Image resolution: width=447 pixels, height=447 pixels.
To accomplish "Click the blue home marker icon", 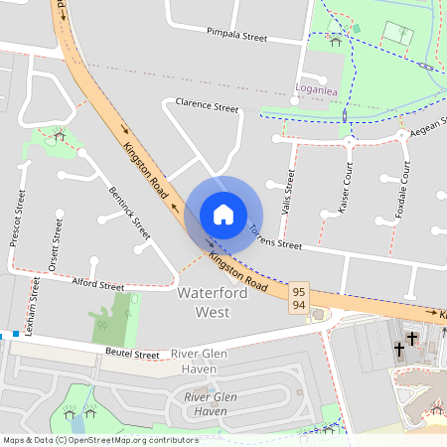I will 223,215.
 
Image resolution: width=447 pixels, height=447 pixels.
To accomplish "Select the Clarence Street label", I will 207,104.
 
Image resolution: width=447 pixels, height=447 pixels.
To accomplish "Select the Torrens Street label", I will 275,238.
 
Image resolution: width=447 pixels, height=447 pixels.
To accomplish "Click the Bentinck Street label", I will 129,213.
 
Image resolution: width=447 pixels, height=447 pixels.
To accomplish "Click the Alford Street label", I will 97,285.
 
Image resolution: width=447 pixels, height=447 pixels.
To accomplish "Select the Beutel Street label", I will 132,354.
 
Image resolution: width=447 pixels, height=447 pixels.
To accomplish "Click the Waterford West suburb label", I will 204,303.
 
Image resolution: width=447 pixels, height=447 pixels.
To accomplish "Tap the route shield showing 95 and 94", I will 299,298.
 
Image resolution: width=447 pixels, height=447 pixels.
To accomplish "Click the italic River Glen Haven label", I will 206,404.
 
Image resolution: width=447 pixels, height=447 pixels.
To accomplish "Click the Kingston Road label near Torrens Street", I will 238,271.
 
